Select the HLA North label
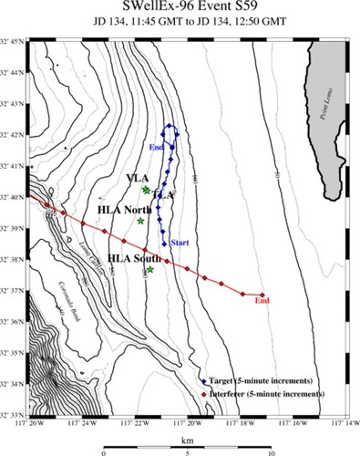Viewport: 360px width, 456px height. (x=123, y=210)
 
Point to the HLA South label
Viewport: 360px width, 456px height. (x=133, y=258)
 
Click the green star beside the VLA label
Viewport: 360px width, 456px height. (x=147, y=190)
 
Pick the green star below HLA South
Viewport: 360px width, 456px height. (x=150, y=269)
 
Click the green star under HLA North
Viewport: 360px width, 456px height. (x=140, y=221)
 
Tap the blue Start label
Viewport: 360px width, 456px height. (x=180, y=243)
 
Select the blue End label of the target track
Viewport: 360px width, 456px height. (x=156, y=147)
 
